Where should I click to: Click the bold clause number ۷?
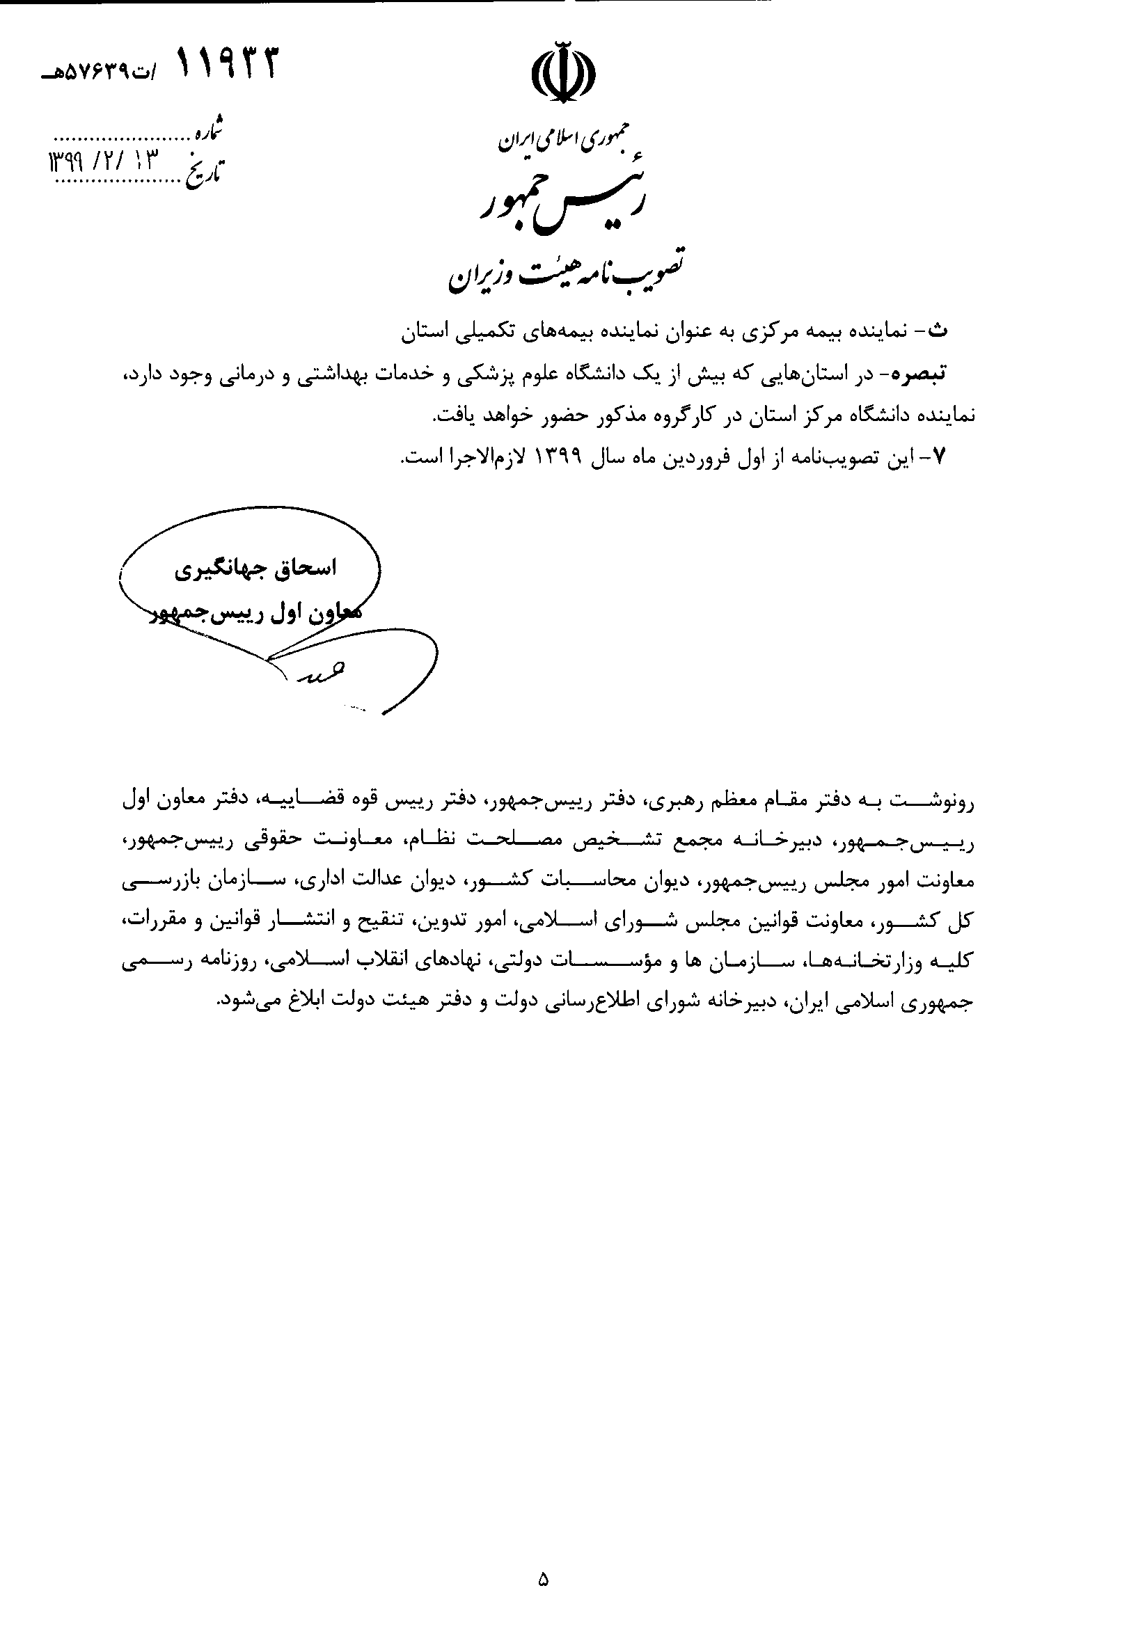pyautogui.click(x=940, y=457)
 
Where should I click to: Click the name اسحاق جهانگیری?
pyautogui.click(x=255, y=569)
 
